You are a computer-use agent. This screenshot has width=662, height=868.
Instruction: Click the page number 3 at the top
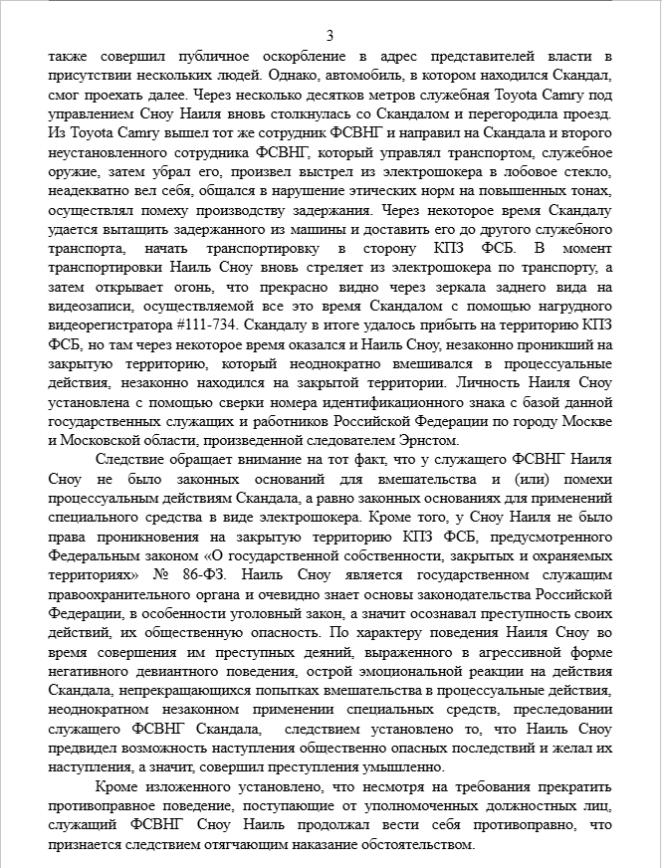tap(331, 35)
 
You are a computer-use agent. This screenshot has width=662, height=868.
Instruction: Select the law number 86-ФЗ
tap(235, 575)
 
